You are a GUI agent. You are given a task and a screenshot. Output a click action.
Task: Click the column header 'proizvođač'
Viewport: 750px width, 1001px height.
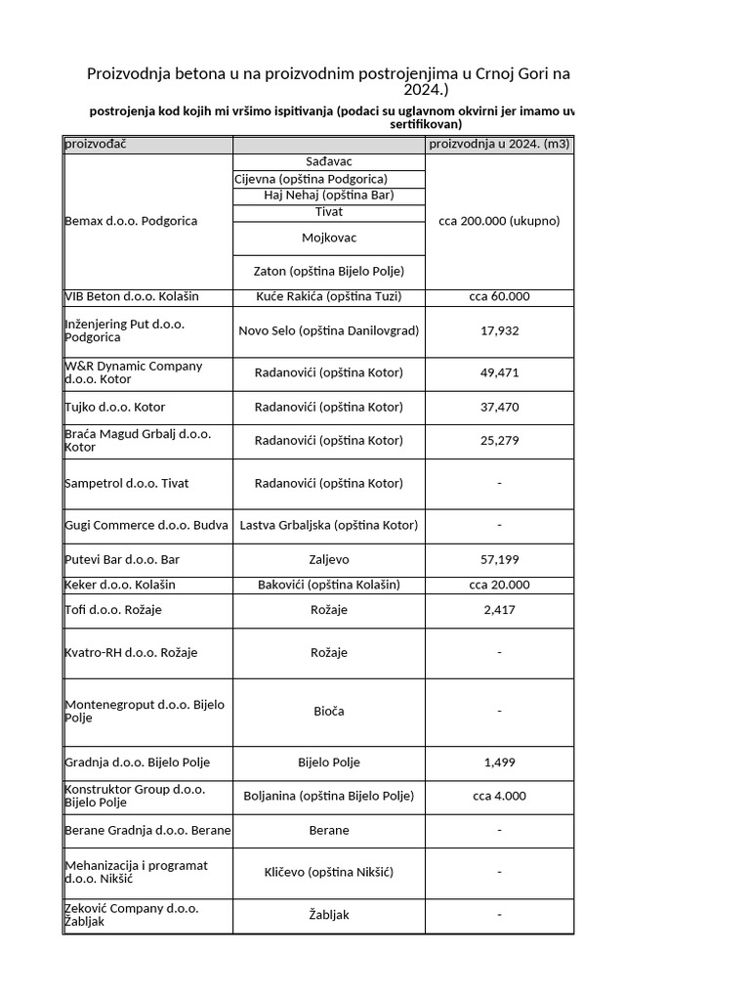[96, 145]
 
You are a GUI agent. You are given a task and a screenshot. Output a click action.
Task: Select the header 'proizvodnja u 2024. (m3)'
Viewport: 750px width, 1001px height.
[499, 145]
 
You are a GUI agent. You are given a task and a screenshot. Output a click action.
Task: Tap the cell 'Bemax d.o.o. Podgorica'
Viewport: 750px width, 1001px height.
[131, 221]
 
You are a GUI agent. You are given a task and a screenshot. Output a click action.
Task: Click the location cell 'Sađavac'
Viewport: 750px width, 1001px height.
[329, 161]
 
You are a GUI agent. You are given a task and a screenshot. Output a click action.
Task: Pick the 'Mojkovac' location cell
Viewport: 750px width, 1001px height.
[329, 238]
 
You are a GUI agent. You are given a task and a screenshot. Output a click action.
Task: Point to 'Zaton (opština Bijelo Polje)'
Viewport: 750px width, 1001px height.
[329, 271]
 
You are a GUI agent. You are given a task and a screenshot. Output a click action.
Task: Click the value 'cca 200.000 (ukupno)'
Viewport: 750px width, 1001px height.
[499, 221]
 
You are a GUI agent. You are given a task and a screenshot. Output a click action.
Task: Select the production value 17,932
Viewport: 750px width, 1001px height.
[499, 330]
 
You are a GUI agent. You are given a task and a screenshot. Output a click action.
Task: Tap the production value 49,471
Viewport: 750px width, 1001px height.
[499, 372]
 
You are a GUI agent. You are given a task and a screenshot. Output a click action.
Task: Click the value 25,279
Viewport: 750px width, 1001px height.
[499, 440]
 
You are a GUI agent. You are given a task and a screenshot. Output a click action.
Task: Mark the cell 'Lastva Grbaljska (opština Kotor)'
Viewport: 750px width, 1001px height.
[329, 525]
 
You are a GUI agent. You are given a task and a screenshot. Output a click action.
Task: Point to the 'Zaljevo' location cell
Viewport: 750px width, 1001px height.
[329, 560]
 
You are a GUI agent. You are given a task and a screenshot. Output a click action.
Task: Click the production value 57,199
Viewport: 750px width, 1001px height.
[499, 560]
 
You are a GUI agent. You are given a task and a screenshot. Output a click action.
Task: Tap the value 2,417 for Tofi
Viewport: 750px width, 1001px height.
[499, 610]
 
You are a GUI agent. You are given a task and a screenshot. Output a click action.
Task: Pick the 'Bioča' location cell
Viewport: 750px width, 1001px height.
[329, 711]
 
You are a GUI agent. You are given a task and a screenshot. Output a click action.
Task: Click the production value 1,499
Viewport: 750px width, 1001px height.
[499, 762]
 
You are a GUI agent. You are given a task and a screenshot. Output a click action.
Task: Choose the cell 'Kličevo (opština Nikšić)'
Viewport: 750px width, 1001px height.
[329, 872]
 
